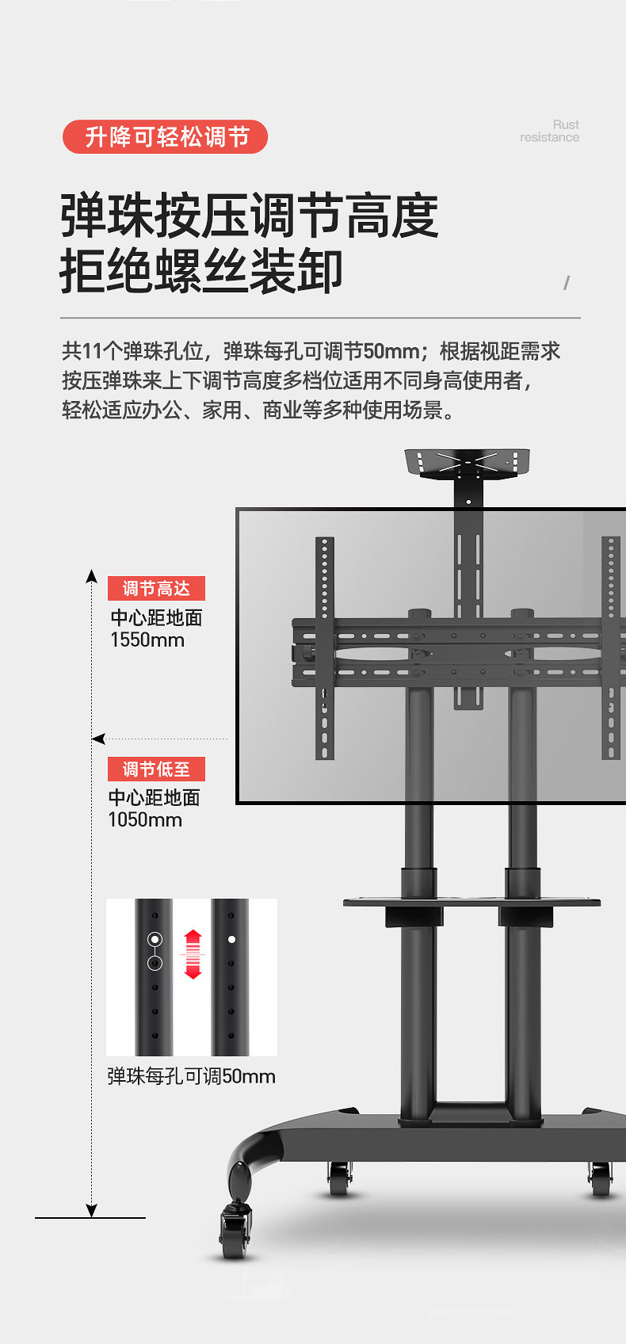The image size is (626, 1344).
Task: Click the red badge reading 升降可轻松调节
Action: (165, 137)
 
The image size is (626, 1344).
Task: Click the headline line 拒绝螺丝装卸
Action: (201, 271)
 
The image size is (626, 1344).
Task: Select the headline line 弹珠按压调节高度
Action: (249, 216)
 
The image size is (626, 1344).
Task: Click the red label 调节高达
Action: (156, 588)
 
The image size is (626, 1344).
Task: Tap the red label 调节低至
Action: (156, 769)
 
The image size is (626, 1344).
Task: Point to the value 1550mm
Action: (147, 640)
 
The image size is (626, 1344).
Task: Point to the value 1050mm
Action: (145, 820)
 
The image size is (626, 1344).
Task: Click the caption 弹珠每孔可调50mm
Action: (191, 1076)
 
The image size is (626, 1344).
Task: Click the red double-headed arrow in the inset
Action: (193, 954)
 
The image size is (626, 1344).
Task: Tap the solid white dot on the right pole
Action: (231, 939)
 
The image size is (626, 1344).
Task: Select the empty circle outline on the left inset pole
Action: (155, 964)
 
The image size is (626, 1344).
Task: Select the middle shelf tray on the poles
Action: (471, 902)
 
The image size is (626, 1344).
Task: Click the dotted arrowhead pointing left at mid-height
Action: (98, 739)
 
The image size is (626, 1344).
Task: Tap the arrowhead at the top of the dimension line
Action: (92, 576)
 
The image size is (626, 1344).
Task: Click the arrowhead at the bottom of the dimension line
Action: (92, 1211)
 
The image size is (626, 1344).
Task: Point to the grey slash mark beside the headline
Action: (567, 283)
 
